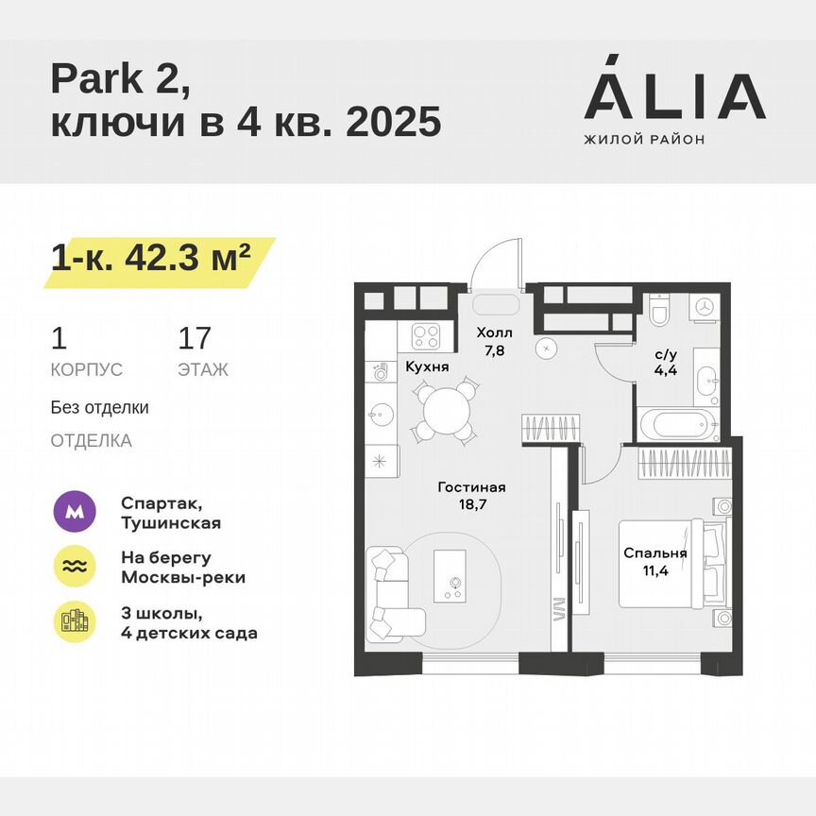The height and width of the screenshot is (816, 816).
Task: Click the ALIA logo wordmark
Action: [673, 97]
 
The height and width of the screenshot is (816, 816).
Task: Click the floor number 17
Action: [195, 338]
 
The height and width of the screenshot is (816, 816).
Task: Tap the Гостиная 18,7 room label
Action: [471, 497]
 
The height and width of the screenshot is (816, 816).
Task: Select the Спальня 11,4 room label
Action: [654, 563]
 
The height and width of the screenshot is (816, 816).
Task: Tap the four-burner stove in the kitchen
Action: [428, 335]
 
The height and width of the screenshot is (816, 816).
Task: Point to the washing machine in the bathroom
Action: [705, 306]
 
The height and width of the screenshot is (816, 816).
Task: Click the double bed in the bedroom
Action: [671, 563]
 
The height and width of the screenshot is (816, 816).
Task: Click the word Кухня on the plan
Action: [427, 366]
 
